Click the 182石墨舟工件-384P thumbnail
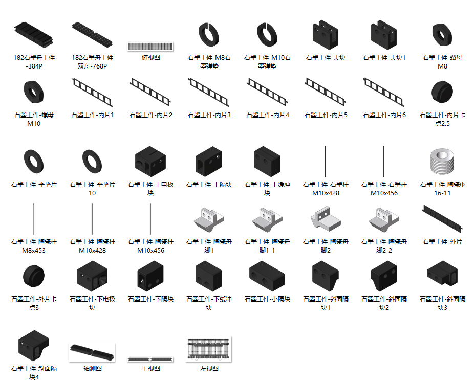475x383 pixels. coord(34,34)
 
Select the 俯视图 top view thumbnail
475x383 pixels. coord(150,47)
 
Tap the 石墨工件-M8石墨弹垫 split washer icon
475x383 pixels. coord(209,34)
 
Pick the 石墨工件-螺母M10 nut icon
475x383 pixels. coord(34,92)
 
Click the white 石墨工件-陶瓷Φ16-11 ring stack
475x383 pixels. coord(442,161)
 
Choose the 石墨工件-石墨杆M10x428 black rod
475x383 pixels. coord(326,161)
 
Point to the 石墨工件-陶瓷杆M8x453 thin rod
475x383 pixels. coord(34,219)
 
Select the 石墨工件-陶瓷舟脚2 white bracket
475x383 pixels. coord(326,219)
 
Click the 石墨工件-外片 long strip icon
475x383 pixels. coord(442,218)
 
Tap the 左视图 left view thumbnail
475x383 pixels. coord(209,349)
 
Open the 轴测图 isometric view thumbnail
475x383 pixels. coord(92,352)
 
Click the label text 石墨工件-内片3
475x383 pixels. coord(209,115)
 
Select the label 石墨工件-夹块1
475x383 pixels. coord(384,57)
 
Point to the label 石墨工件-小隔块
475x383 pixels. coord(267,299)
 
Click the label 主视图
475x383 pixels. coord(150,369)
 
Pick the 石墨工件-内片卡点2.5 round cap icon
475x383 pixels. coord(442,92)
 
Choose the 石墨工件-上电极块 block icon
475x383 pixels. coord(150,162)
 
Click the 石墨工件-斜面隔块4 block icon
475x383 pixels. coord(34,345)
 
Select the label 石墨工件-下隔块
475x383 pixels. coord(150,299)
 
